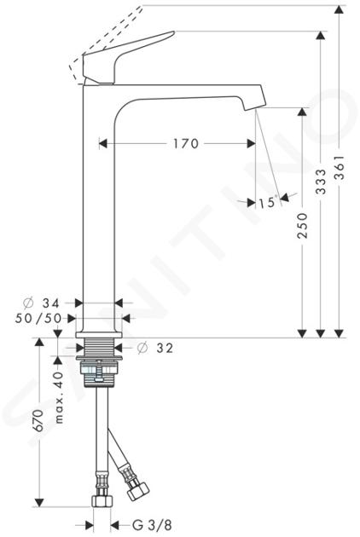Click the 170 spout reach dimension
[x=185, y=143]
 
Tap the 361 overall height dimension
[x=339, y=167]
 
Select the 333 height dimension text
[x=321, y=182]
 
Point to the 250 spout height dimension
[x=302, y=225]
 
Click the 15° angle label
[x=267, y=202]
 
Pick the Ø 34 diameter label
[x=42, y=303]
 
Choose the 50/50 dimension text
[x=38, y=319]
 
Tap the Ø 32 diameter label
[x=155, y=348]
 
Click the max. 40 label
[x=59, y=397]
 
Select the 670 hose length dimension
[x=38, y=420]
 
